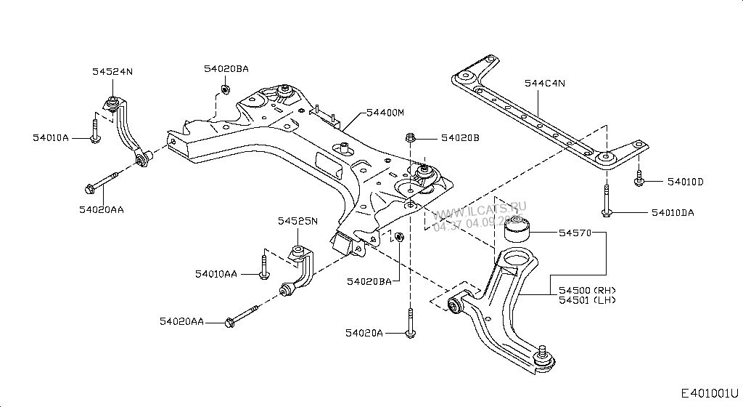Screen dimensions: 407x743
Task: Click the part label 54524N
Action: (x=112, y=71)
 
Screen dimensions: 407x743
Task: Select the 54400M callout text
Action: (x=385, y=113)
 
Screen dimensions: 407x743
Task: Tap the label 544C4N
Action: (x=544, y=84)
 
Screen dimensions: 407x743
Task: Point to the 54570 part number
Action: (x=575, y=233)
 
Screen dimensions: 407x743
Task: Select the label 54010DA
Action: (x=672, y=213)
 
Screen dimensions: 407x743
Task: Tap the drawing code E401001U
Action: (x=710, y=393)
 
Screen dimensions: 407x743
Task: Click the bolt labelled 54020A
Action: (x=411, y=323)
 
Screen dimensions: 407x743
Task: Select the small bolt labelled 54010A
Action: (x=96, y=131)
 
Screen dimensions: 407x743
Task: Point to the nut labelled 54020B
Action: (x=411, y=137)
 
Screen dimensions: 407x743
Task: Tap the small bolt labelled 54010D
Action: (x=639, y=178)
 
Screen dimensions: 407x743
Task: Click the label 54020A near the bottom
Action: (x=364, y=333)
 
